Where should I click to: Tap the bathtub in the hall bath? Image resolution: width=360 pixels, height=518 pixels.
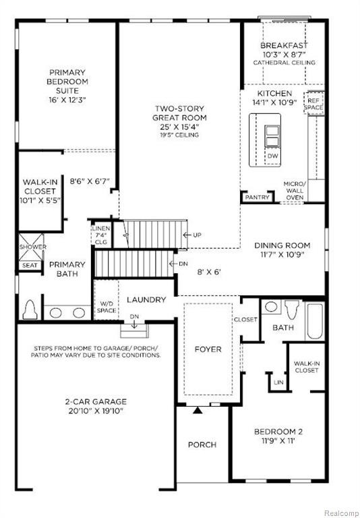coord(315,322)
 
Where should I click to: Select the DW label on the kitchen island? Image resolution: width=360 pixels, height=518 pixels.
coord(273,156)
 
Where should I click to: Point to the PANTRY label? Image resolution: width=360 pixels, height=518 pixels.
coord(258,197)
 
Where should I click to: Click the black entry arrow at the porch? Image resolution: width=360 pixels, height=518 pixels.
coord(198,410)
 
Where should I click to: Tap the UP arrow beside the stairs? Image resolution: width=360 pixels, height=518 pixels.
coord(187,235)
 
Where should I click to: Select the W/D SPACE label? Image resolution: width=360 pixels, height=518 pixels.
coord(107,308)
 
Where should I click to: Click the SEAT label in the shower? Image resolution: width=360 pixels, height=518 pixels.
coord(30,265)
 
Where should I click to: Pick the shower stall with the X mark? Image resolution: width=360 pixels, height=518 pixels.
coord(31,247)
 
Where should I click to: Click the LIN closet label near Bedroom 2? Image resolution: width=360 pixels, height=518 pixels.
coord(278,382)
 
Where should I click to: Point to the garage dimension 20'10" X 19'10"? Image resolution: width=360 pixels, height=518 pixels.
coord(96,411)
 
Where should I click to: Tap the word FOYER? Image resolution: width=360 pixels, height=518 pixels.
coord(208,349)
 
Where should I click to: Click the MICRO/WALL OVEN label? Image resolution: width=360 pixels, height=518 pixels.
coord(295,191)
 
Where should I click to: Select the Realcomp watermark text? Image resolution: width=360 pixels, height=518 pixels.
coord(342,513)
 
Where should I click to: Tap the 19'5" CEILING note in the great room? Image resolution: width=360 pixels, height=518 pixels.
coord(180,135)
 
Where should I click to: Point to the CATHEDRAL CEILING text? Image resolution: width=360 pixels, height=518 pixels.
coord(284,63)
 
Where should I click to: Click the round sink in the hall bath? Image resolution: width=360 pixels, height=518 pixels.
coord(271,307)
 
